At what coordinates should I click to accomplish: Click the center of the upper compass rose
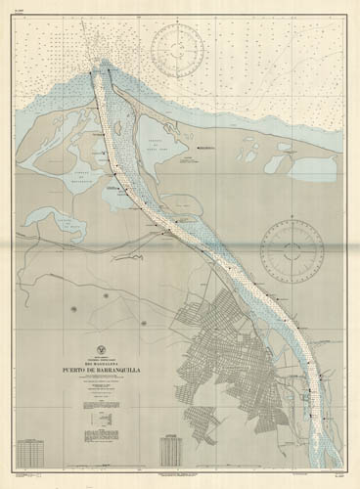tap(187, 52)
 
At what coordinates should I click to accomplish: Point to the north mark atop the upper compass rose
tap(187, 22)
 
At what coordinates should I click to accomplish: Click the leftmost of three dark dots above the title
tap(72, 310)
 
